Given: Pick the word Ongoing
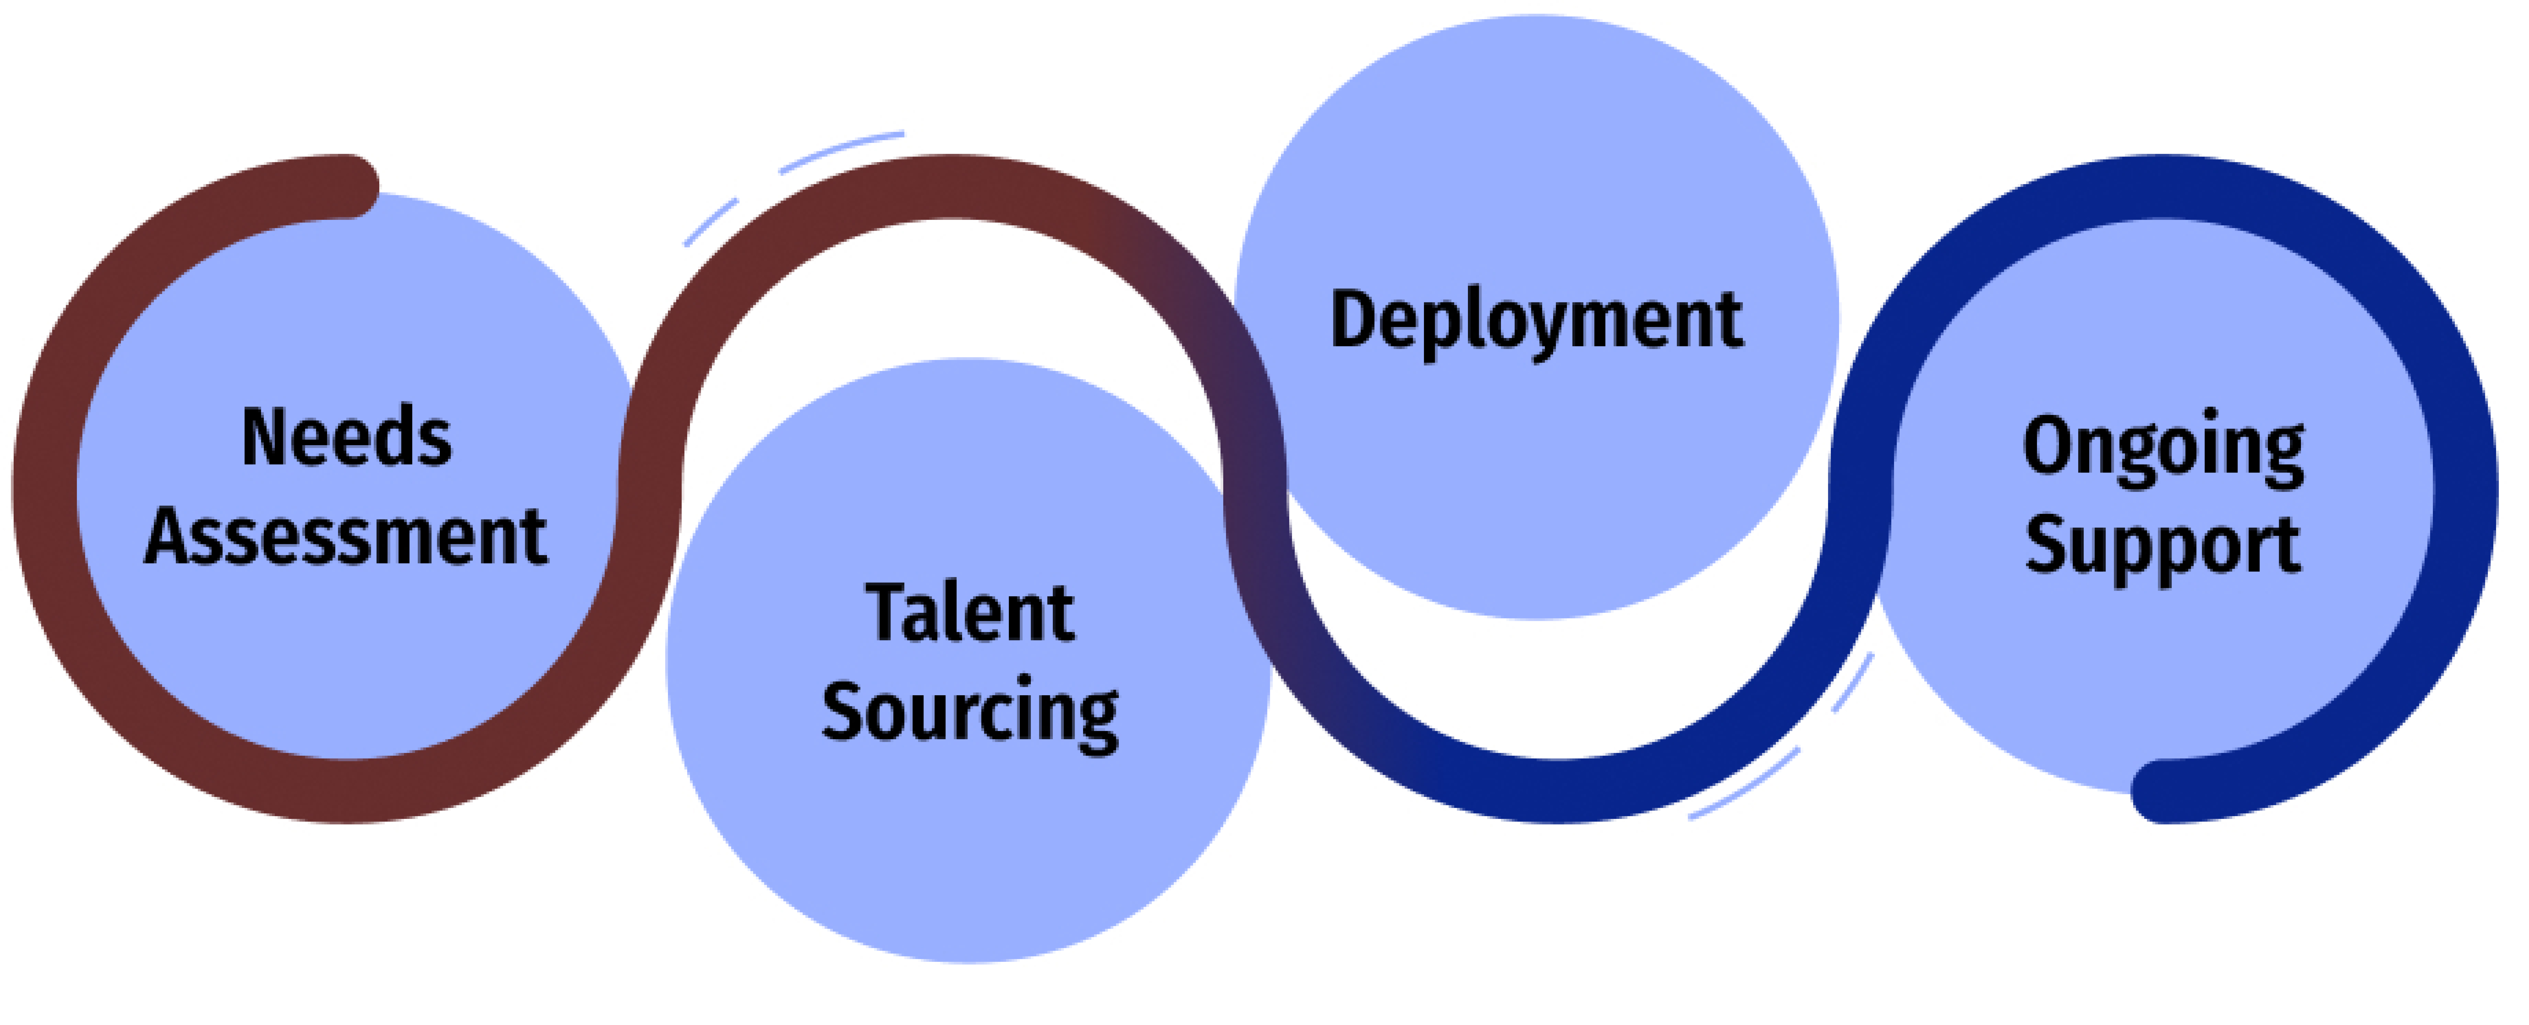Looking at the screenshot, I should pyautogui.click(x=2163, y=447).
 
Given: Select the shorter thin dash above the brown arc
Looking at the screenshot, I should pyautogui.click(x=711, y=222).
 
